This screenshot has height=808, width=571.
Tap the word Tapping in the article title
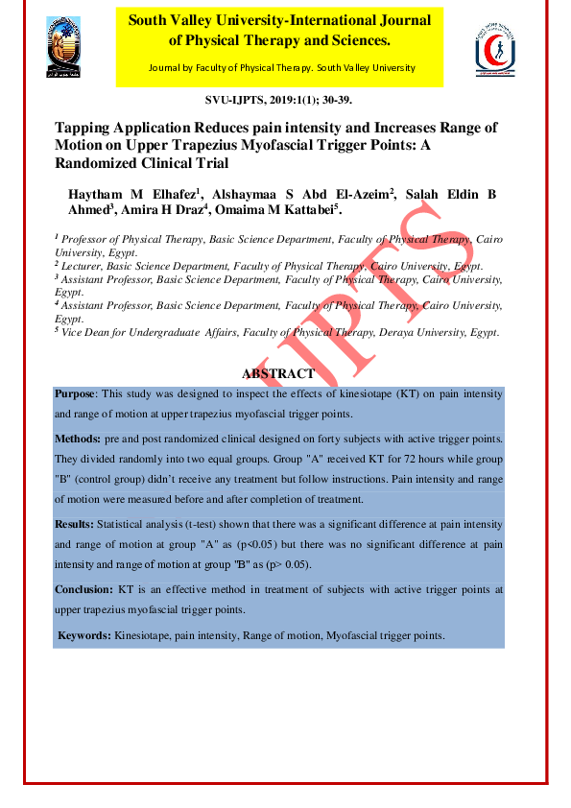83,128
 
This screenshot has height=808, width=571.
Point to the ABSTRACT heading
277,373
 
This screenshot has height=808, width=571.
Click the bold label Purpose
76,394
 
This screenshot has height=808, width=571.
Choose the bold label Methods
78,438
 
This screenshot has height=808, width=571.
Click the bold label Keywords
84,635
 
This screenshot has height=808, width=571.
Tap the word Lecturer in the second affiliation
85,265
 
